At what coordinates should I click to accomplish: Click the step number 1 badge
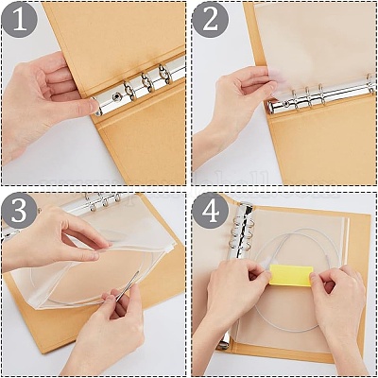point(20,20)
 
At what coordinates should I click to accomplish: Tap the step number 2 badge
point(211,20)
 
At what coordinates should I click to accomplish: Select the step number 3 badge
point(20,211)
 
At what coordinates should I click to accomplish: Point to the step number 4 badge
point(211,211)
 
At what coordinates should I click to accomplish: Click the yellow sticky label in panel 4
point(291,275)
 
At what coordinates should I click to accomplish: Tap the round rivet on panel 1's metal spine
point(117,94)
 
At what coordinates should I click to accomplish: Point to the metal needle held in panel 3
point(127,286)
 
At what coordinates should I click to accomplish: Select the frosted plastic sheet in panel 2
point(315,47)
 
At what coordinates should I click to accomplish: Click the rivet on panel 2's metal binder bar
point(286,104)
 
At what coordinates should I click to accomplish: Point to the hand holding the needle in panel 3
point(107,328)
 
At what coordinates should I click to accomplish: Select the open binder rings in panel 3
point(102,200)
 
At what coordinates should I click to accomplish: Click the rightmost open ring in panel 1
point(165,74)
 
